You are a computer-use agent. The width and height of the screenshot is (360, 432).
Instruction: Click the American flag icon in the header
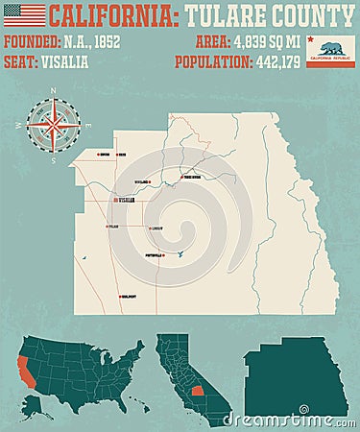click(x=24, y=15)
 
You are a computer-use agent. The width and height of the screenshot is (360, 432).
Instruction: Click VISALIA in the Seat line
click(x=65, y=61)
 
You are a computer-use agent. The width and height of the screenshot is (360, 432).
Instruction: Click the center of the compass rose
click(x=54, y=125)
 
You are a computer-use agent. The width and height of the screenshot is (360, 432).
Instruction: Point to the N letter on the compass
click(x=54, y=92)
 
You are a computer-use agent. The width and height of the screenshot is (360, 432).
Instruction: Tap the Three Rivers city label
click(x=193, y=177)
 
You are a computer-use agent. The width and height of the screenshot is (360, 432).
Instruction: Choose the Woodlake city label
click(x=143, y=181)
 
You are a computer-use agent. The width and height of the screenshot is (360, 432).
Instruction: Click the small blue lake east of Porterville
click(x=180, y=253)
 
